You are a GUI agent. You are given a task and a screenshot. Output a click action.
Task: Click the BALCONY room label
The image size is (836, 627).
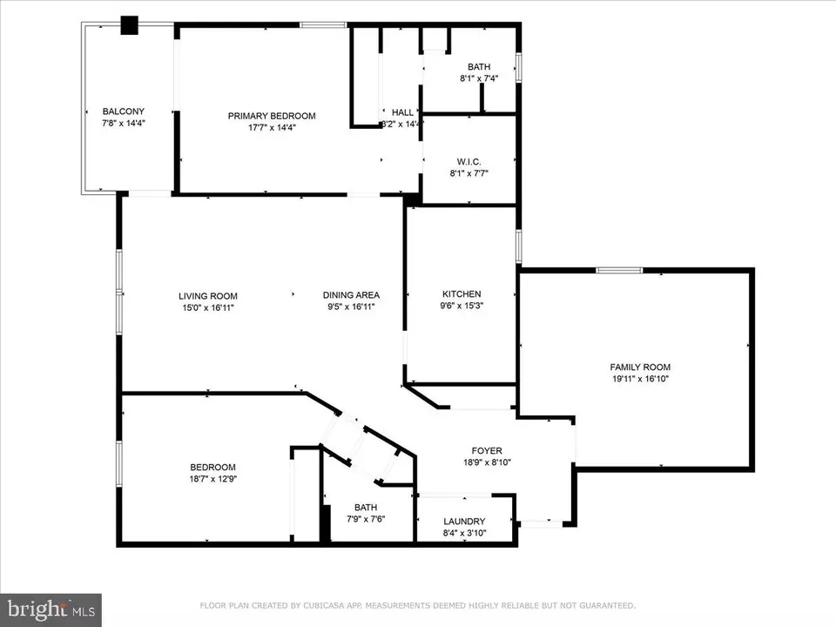point(124,111)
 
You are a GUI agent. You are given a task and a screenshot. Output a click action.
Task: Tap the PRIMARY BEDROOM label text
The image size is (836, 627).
point(272,116)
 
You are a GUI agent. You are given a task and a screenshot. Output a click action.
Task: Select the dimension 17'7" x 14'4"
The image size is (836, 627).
point(272,128)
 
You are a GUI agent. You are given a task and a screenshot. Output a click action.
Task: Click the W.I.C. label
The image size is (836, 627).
point(469,161)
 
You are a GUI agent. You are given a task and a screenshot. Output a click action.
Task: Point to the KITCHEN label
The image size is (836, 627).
point(462,294)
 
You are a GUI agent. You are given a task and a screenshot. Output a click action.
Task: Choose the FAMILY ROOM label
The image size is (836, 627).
point(640,367)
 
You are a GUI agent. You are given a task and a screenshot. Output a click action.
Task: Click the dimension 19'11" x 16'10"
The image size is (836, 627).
point(640,379)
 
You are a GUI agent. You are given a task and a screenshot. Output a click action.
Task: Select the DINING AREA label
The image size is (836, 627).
point(351,294)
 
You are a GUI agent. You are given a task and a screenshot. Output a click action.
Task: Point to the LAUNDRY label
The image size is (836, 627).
point(464,522)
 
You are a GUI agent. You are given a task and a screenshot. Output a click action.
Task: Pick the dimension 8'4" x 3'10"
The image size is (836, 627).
point(464,533)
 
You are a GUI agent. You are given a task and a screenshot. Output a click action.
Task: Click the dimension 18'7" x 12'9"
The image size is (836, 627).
point(213,479)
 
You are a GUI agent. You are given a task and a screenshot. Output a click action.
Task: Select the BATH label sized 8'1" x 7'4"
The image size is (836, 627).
point(479,67)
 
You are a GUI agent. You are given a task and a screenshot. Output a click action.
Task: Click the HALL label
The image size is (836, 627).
point(402,112)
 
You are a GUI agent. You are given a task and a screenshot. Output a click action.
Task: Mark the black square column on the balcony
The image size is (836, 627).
point(130,25)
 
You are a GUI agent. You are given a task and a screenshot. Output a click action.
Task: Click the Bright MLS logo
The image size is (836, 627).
point(51,609)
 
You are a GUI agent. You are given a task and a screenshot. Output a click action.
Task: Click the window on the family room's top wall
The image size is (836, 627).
point(619,270)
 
